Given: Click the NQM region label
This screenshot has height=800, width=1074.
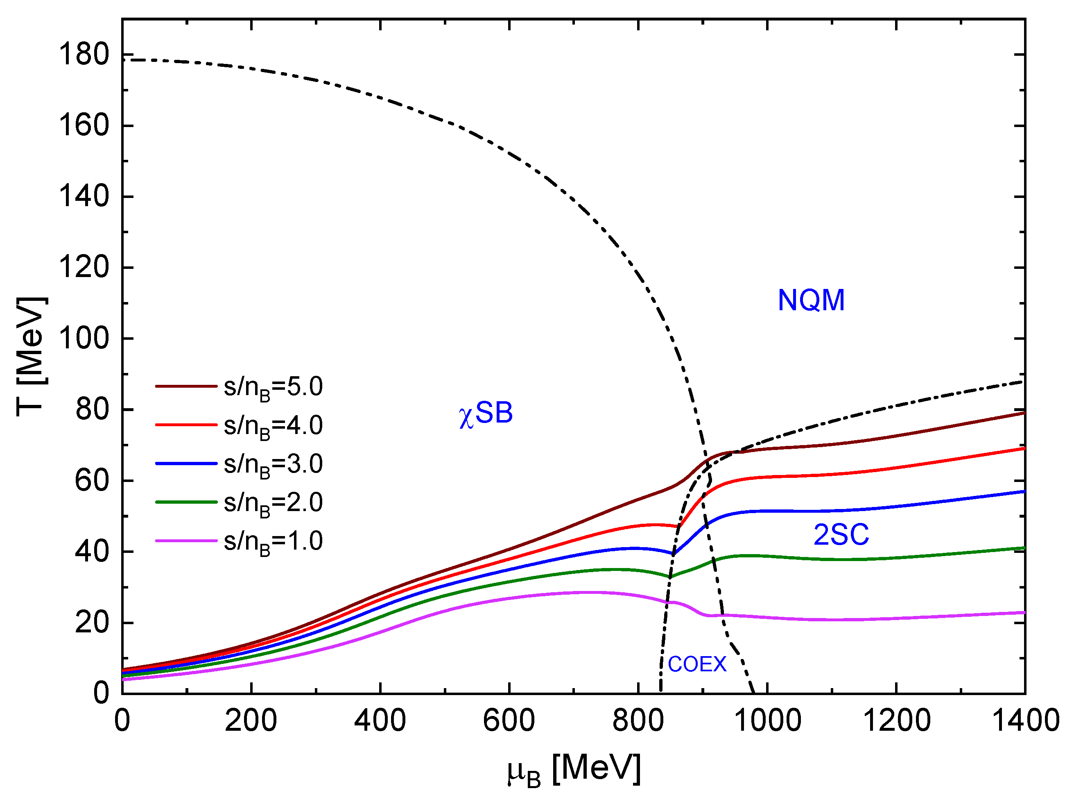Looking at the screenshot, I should click(811, 300).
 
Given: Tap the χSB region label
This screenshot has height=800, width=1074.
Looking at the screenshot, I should click(485, 413).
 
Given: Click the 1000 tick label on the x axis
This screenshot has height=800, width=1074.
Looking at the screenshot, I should click(767, 720).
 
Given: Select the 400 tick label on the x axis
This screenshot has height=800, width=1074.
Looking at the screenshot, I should click(380, 720).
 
